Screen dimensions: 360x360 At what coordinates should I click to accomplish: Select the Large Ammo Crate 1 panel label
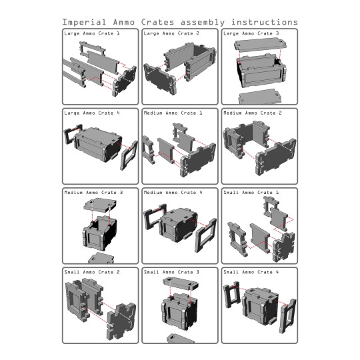(93, 33)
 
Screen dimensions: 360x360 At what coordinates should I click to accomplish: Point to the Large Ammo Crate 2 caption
(171, 33)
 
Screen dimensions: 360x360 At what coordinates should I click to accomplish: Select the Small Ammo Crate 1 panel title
(251, 193)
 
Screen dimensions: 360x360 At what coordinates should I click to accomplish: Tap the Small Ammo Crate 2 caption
(92, 273)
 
